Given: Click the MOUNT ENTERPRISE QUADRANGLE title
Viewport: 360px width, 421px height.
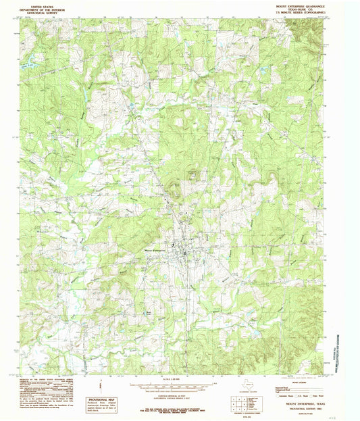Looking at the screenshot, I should [x=301, y=5].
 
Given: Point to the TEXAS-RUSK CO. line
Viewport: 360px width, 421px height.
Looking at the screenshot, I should [x=301, y=8].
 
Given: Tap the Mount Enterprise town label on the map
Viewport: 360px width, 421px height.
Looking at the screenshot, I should [x=156, y=248].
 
